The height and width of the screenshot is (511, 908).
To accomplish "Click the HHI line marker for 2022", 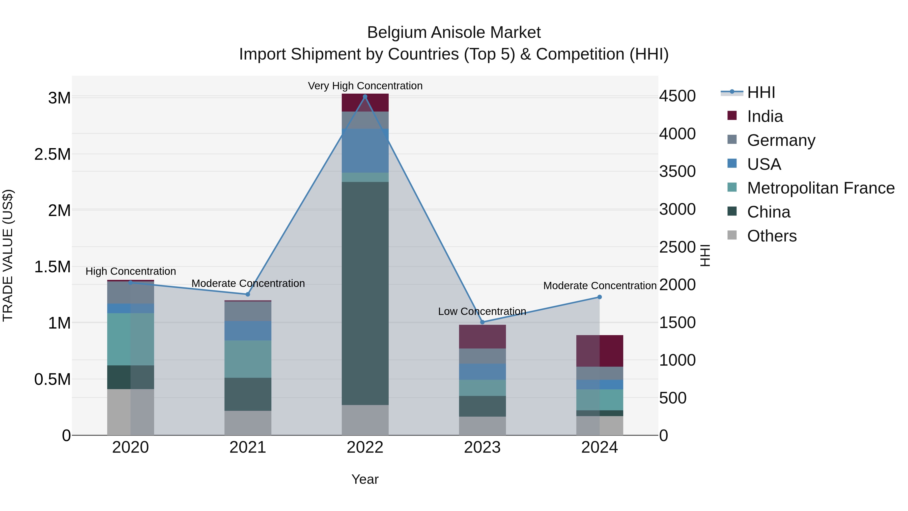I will [365, 97].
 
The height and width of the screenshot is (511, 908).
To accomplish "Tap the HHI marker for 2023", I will [483, 322].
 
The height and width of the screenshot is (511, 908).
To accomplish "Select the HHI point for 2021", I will [247, 294].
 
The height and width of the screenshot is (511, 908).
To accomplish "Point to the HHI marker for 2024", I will [600, 297].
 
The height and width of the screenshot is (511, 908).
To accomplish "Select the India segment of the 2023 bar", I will [482, 336].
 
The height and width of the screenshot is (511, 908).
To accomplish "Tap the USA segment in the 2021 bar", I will [248, 330].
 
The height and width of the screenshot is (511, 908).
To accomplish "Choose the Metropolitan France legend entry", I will [820, 188].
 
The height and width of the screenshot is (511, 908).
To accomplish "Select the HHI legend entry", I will [761, 92].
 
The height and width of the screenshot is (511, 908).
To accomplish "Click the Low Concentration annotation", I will [482, 311].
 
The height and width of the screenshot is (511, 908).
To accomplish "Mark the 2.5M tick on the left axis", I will [52, 154].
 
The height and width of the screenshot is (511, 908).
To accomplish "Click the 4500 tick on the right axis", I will [677, 96].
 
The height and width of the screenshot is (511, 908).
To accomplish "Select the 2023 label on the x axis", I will [482, 447].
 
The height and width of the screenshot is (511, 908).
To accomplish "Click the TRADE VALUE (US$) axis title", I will [8, 255].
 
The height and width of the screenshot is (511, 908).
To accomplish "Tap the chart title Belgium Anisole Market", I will [454, 33].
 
